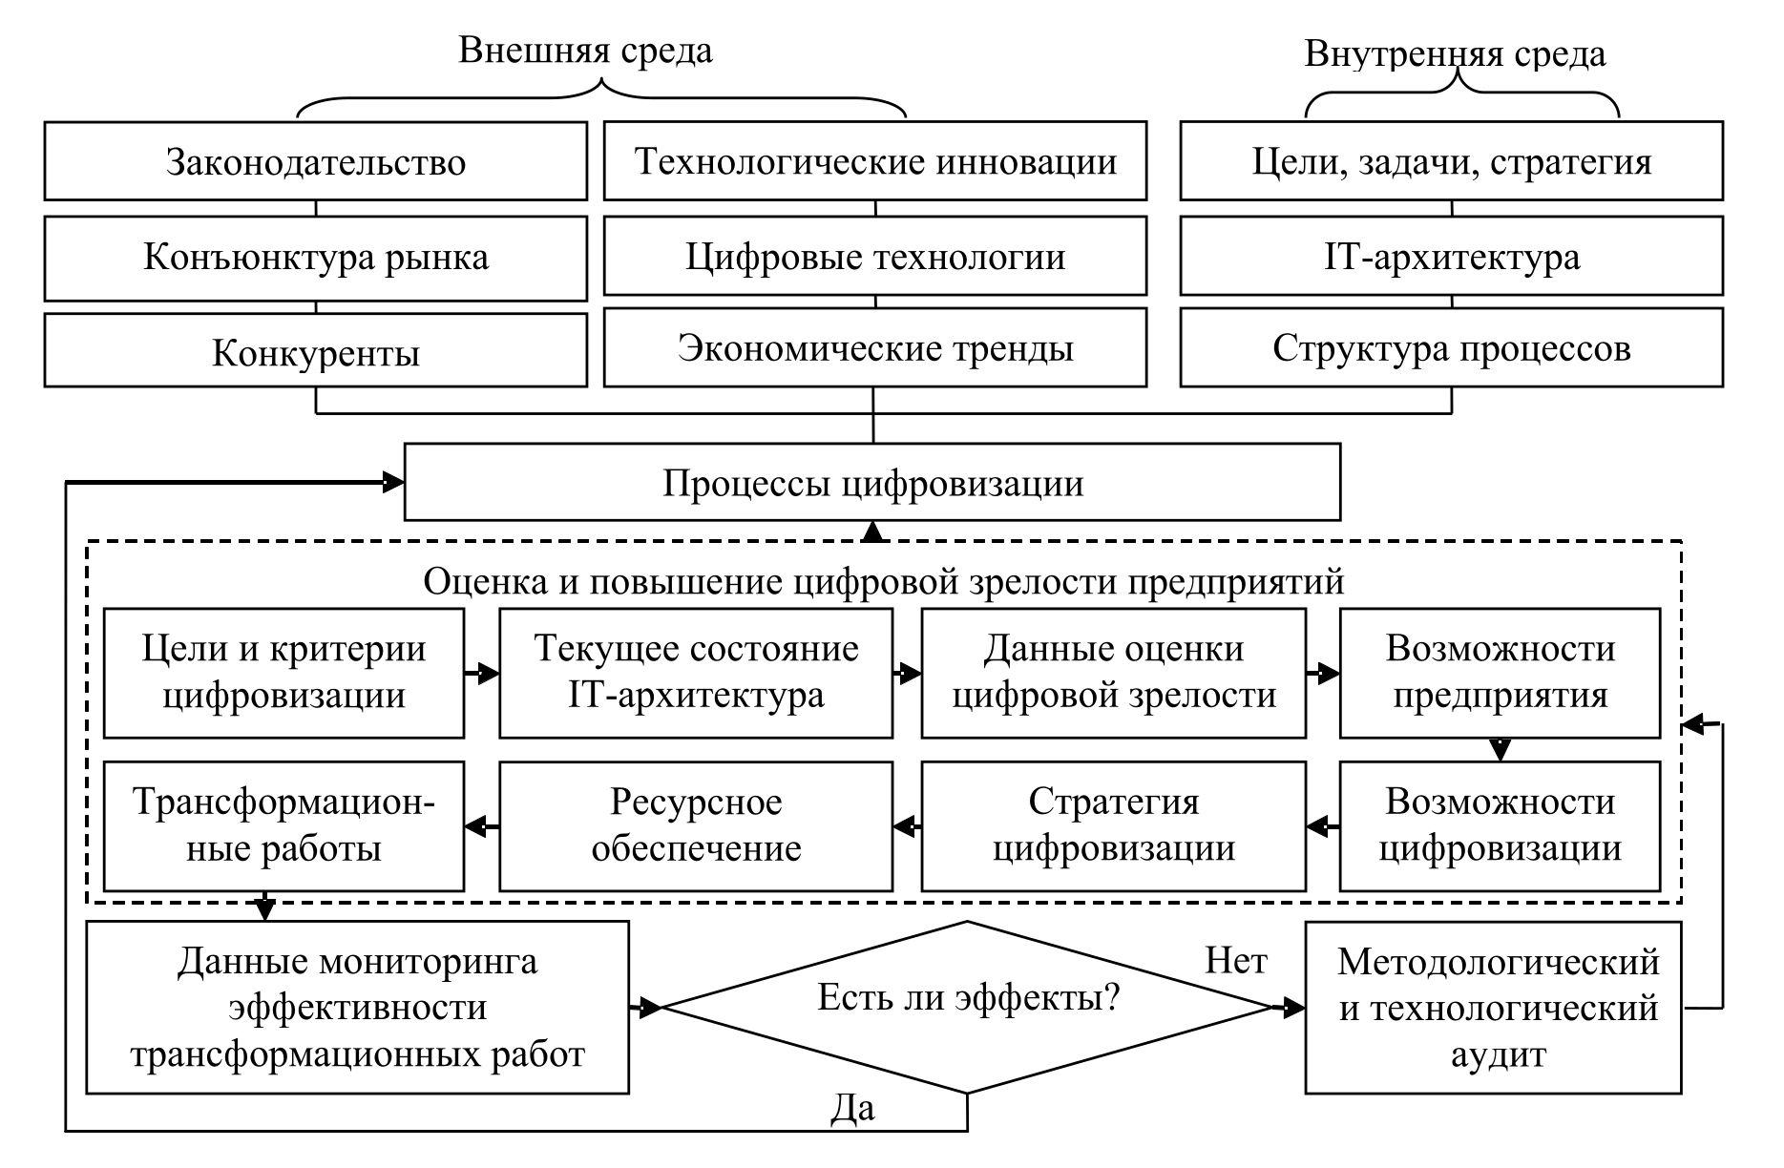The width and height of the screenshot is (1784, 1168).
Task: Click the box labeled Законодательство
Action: [316, 161]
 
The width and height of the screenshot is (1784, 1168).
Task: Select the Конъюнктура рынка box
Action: [316, 258]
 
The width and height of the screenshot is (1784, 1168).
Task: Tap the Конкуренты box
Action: [316, 353]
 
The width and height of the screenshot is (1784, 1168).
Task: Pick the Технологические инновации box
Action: [875, 161]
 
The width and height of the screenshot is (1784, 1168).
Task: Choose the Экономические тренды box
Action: [875, 348]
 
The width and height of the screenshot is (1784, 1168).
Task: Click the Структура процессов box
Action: [1451, 348]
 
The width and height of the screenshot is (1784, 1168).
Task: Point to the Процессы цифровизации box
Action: [872, 483]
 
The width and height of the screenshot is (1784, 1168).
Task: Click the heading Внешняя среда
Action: [585, 51]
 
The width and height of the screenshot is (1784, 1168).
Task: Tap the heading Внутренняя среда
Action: [1455, 54]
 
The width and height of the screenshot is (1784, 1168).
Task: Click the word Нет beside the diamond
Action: [1235, 960]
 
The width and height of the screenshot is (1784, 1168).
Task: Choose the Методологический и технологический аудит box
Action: [1493, 1008]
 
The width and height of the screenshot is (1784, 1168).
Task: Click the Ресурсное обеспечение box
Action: [696, 825]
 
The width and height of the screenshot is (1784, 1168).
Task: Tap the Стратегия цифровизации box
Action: [1113, 825]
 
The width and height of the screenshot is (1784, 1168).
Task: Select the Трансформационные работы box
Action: [283, 825]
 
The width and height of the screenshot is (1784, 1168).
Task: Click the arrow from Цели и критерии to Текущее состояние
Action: [482, 674]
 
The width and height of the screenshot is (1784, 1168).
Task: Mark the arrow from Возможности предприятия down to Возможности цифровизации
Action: [1500, 749]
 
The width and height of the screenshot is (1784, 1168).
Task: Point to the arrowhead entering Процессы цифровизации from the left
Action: [391, 483]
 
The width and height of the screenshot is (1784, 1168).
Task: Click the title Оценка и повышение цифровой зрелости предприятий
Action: [883, 581]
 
